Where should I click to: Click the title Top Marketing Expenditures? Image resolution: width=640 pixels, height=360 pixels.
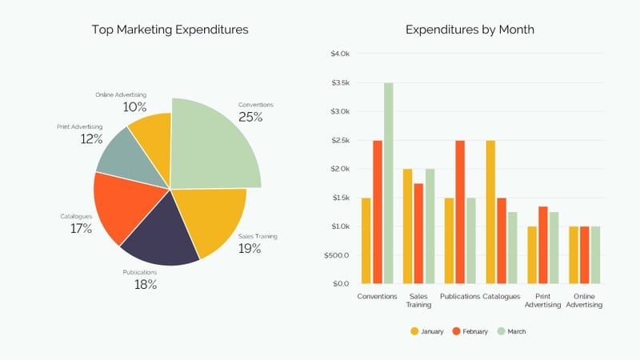click(170, 30)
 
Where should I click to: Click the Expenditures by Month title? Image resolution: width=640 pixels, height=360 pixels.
click(470, 30)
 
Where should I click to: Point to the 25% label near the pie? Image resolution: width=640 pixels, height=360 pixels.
click(250, 117)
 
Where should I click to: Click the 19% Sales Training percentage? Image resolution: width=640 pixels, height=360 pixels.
click(250, 248)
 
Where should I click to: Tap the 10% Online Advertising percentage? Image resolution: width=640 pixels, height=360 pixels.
click(134, 106)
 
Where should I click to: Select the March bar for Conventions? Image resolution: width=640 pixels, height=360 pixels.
click(388, 183)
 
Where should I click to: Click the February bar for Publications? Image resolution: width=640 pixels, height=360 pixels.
click(460, 212)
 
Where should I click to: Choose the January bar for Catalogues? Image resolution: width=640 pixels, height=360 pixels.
click(490, 212)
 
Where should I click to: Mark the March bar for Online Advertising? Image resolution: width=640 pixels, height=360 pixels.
click(595, 255)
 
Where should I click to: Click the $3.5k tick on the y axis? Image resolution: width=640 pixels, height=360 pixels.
click(340, 82)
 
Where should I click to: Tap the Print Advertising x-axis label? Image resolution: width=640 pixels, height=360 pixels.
click(543, 300)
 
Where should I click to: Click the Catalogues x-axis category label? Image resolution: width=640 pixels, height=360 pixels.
click(502, 296)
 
